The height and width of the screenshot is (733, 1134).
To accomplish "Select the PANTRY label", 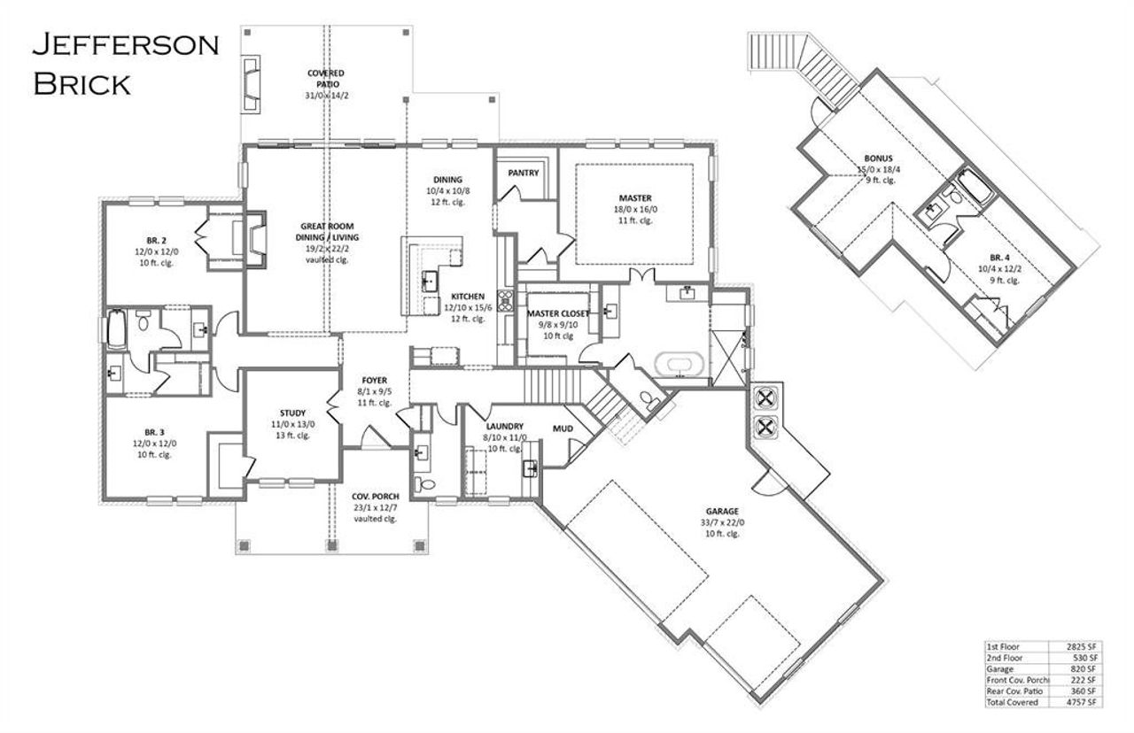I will pyautogui.click(x=524, y=173).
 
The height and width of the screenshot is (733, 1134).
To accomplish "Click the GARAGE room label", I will pyautogui.click(x=722, y=511).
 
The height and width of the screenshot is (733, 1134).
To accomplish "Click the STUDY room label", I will pyautogui.click(x=292, y=413).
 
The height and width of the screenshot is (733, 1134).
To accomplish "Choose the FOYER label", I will pyautogui.click(x=374, y=380).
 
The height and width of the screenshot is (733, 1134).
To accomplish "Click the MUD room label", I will pyautogui.click(x=563, y=429).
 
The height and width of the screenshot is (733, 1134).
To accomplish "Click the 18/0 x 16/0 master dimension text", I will pyautogui.click(x=634, y=209).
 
